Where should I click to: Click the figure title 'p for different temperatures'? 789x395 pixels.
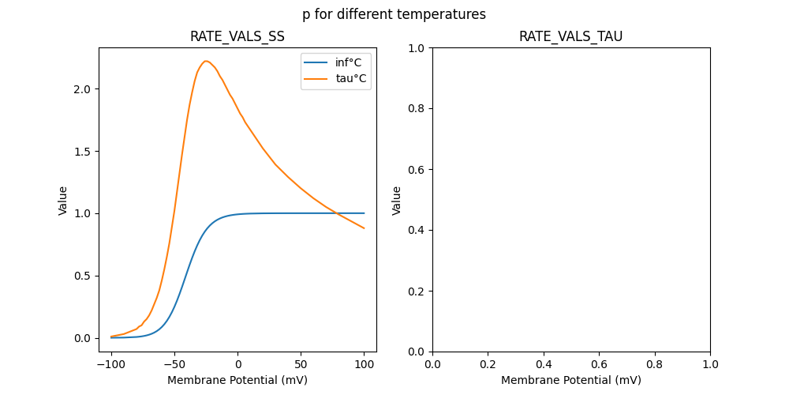pyautogui.click(x=394, y=14)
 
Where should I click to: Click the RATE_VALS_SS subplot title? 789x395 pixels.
pyautogui.click(x=237, y=37)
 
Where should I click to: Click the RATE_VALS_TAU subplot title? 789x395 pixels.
pyautogui.click(x=570, y=37)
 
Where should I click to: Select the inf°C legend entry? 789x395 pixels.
pyautogui.click(x=348, y=63)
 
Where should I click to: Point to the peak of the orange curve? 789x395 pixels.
pyautogui.click(x=206, y=61)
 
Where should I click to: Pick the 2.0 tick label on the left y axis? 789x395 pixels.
pyautogui.click(x=83, y=89)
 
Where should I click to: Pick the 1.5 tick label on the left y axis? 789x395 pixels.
pyautogui.click(x=83, y=152)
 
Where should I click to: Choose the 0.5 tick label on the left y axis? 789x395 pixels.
pyautogui.click(x=83, y=276)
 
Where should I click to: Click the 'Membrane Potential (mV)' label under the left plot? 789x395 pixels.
pyautogui.click(x=237, y=380)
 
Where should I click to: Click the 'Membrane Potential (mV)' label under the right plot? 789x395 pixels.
pyautogui.click(x=570, y=380)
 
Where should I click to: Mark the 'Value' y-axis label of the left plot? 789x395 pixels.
pyautogui.click(x=63, y=201)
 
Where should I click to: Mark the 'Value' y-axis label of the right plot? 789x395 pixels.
pyautogui.click(x=397, y=201)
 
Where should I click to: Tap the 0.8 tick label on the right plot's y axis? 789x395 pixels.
pyautogui.click(x=417, y=109)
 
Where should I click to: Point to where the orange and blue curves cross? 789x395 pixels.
pyautogui.click(x=336, y=213)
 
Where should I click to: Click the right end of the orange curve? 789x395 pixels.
pyautogui.click(x=365, y=228)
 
